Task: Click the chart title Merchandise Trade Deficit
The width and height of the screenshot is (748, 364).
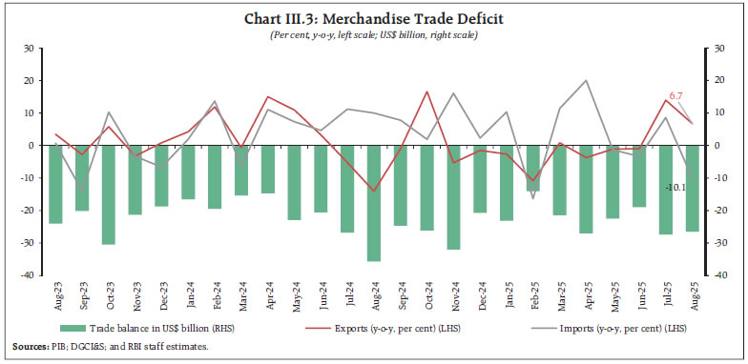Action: (x=374, y=19)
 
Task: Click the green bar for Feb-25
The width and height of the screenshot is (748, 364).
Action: (x=534, y=168)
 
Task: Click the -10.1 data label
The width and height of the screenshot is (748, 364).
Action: (x=680, y=188)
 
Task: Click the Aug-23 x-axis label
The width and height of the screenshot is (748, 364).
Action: (x=55, y=294)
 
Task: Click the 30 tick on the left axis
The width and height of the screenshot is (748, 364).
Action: (x=30, y=48)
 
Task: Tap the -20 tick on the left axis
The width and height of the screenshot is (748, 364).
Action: (x=29, y=211)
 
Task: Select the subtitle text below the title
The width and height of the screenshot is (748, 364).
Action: (x=374, y=34)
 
